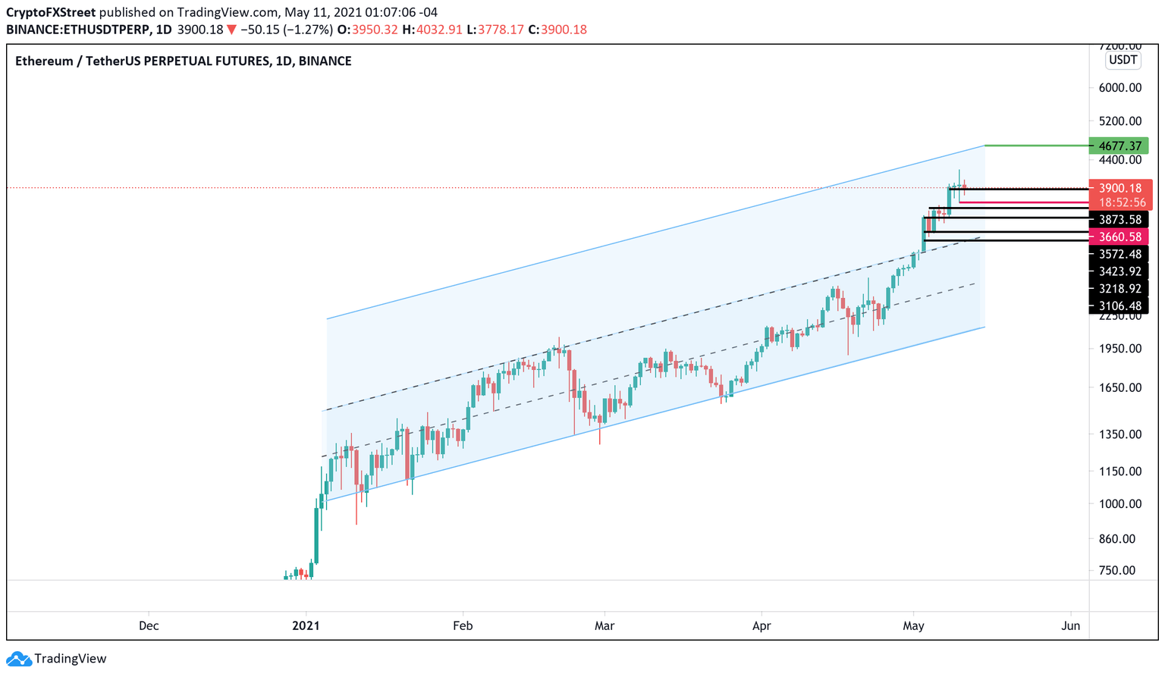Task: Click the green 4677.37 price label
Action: point(1119,146)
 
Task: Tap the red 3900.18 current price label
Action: point(1119,188)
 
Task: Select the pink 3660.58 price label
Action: point(1119,237)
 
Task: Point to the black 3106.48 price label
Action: point(1119,306)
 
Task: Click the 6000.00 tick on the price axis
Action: point(1119,88)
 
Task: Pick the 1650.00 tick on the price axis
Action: point(1119,387)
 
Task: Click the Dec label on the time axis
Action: point(149,625)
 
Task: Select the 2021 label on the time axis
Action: point(306,625)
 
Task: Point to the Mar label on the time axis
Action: point(604,625)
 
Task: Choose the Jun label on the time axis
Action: point(1070,625)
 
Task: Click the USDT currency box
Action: point(1123,60)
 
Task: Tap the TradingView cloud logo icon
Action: point(18,659)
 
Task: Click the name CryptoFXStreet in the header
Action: point(51,13)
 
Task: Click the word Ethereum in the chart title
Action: point(44,61)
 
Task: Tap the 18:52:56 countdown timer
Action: point(1119,202)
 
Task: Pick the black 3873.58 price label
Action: point(1119,220)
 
